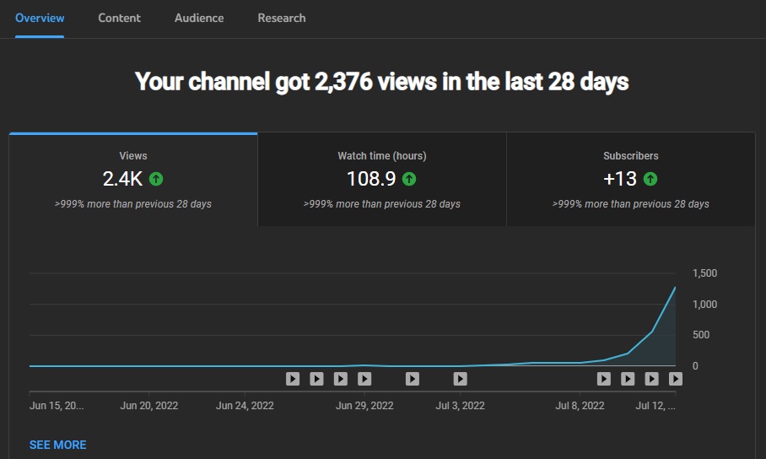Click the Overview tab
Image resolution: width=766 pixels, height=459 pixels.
pyautogui.click(x=40, y=18)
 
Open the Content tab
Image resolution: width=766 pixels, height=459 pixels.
pyautogui.click(x=119, y=18)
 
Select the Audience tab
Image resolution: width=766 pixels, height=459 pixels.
pyautogui.click(x=199, y=18)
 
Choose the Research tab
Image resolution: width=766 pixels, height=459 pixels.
pyautogui.click(x=282, y=18)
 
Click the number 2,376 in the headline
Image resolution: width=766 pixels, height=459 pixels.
pyautogui.click(x=343, y=81)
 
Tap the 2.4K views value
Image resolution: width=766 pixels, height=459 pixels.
pyautogui.click(x=122, y=179)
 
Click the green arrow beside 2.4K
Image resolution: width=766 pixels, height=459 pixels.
pyautogui.click(x=156, y=179)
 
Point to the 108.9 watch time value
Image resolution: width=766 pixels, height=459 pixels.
pyautogui.click(x=371, y=179)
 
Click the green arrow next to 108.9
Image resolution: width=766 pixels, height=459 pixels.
pyautogui.click(x=409, y=179)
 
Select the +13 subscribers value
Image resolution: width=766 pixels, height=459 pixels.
pyautogui.click(x=620, y=179)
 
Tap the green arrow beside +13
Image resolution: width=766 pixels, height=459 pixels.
pyautogui.click(x=650, y=179)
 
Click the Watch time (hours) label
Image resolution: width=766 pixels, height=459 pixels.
pyautogui.click(x=382, y=156)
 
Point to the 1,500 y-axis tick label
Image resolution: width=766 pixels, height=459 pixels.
pyautogui.click(x=705, y=273)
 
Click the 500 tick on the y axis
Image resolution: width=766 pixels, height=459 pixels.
pyautogui.click(x=701, y=335)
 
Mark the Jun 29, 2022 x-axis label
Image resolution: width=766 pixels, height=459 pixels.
pyautogui.click(x=364, y=406)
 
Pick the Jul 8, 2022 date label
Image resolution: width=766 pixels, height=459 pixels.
pyautogui.click(x=580, y=406)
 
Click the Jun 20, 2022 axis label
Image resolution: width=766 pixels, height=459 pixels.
pyautogui.click(x=149, y=406)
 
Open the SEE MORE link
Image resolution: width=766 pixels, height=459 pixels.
pyautogui.click(x=57, y=445)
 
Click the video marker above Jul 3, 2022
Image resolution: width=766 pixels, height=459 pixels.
pyautogui.click(x=460, y=379)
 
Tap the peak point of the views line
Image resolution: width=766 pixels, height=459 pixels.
pyautogui.click(x=675, y=288)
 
